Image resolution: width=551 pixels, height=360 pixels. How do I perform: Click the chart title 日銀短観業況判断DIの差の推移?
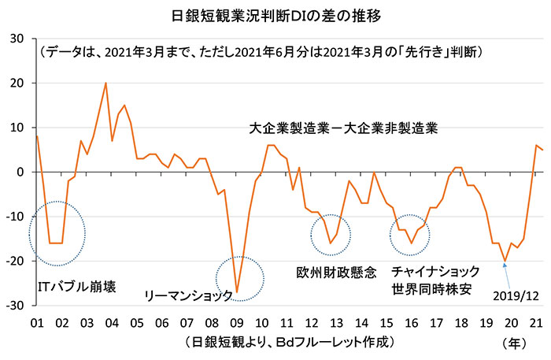click(275, 14)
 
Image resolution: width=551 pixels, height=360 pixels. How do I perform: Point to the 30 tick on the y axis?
click(18, 38)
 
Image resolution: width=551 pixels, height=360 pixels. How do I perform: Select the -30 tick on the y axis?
click(16, 306)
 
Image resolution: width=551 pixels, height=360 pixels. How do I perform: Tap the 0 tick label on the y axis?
click(21, 172)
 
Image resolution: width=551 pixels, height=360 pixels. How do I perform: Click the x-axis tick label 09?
click(237, 322)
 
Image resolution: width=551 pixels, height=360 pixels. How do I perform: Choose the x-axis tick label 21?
click(537, 322)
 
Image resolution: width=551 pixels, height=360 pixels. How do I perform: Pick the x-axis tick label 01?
click(36, 322)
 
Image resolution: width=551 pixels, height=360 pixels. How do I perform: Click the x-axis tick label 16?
click(412, 322)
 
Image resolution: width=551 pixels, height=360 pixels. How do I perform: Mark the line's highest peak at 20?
click(105, 83)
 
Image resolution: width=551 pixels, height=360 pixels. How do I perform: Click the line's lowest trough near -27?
click(237, 291)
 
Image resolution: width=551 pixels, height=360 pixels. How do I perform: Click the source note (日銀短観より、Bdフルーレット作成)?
click(289, 343)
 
